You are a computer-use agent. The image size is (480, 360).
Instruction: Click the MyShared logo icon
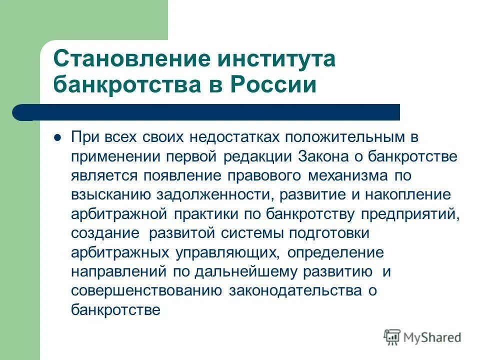pyautogui.click(x=393, y=337)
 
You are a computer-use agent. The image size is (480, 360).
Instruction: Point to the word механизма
pyautogui.click(x=355, y=175)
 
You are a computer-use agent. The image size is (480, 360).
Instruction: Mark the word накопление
pyautogui.click(x=405, y=194)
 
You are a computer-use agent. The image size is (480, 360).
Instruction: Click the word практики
pyautogui.click(x=207, y=214)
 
